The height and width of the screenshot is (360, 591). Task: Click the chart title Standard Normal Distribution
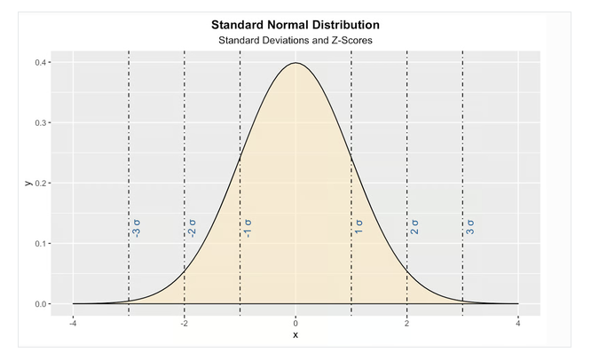[x=295, y=25]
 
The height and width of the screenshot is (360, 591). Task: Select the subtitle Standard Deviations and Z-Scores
[x=295, y=40]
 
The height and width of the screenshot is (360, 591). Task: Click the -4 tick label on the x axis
[x=73, y=324]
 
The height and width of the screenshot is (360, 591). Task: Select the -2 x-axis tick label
[x=184, y=324]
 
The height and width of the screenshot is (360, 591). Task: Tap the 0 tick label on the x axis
[x=295, y=324]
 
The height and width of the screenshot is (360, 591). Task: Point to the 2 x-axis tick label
[x=407, y=324]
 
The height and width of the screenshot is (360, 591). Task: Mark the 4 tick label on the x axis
[x=518, y=324]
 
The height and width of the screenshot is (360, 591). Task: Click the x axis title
[x=295, y=335]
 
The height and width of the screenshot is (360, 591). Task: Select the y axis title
[x=28, y=183]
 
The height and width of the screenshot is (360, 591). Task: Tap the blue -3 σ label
[x=137, y=229]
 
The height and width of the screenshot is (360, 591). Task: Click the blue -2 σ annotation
[x=193, y=229]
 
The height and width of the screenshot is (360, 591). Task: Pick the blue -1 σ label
[x=248, y=229]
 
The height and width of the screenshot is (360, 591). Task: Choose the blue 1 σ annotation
[x=359, y=227]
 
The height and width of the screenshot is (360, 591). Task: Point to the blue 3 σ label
[x=470, y=227]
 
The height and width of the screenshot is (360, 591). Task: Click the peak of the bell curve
[x=295, y=63]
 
